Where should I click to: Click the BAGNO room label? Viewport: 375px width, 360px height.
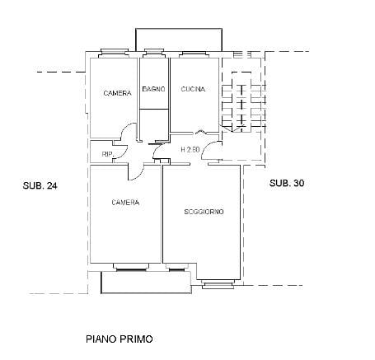tap(154, 89)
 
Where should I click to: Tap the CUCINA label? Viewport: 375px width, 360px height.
tap(193, 89)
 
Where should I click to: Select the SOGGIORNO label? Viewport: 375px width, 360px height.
tap(204, 212)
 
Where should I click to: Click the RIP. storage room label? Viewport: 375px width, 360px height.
tap(108, 154)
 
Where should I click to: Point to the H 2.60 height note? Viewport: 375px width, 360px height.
tap(190, 150)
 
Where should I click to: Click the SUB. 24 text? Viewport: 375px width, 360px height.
tap(40, 185)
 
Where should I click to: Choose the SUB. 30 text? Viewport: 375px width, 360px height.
tap(287, 183)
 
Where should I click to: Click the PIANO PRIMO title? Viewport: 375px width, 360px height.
tap(120, 339)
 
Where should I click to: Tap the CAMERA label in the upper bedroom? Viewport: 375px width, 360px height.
tap(117, 93)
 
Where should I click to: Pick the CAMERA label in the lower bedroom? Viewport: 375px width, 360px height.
tap(125, 203)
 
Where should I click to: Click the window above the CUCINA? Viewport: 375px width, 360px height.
tap(194, 54)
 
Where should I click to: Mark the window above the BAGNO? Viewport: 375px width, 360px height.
tap(154, 54)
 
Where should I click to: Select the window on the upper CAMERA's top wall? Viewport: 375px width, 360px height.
tap(114, 53)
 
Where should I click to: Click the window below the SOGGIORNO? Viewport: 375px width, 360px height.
tap(218, 284)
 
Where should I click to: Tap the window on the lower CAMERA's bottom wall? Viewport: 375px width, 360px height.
tap(131, 267)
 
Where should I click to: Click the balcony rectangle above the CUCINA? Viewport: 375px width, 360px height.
tap(179, 40)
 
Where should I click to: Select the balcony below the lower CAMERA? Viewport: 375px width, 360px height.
tap(146, 283)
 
